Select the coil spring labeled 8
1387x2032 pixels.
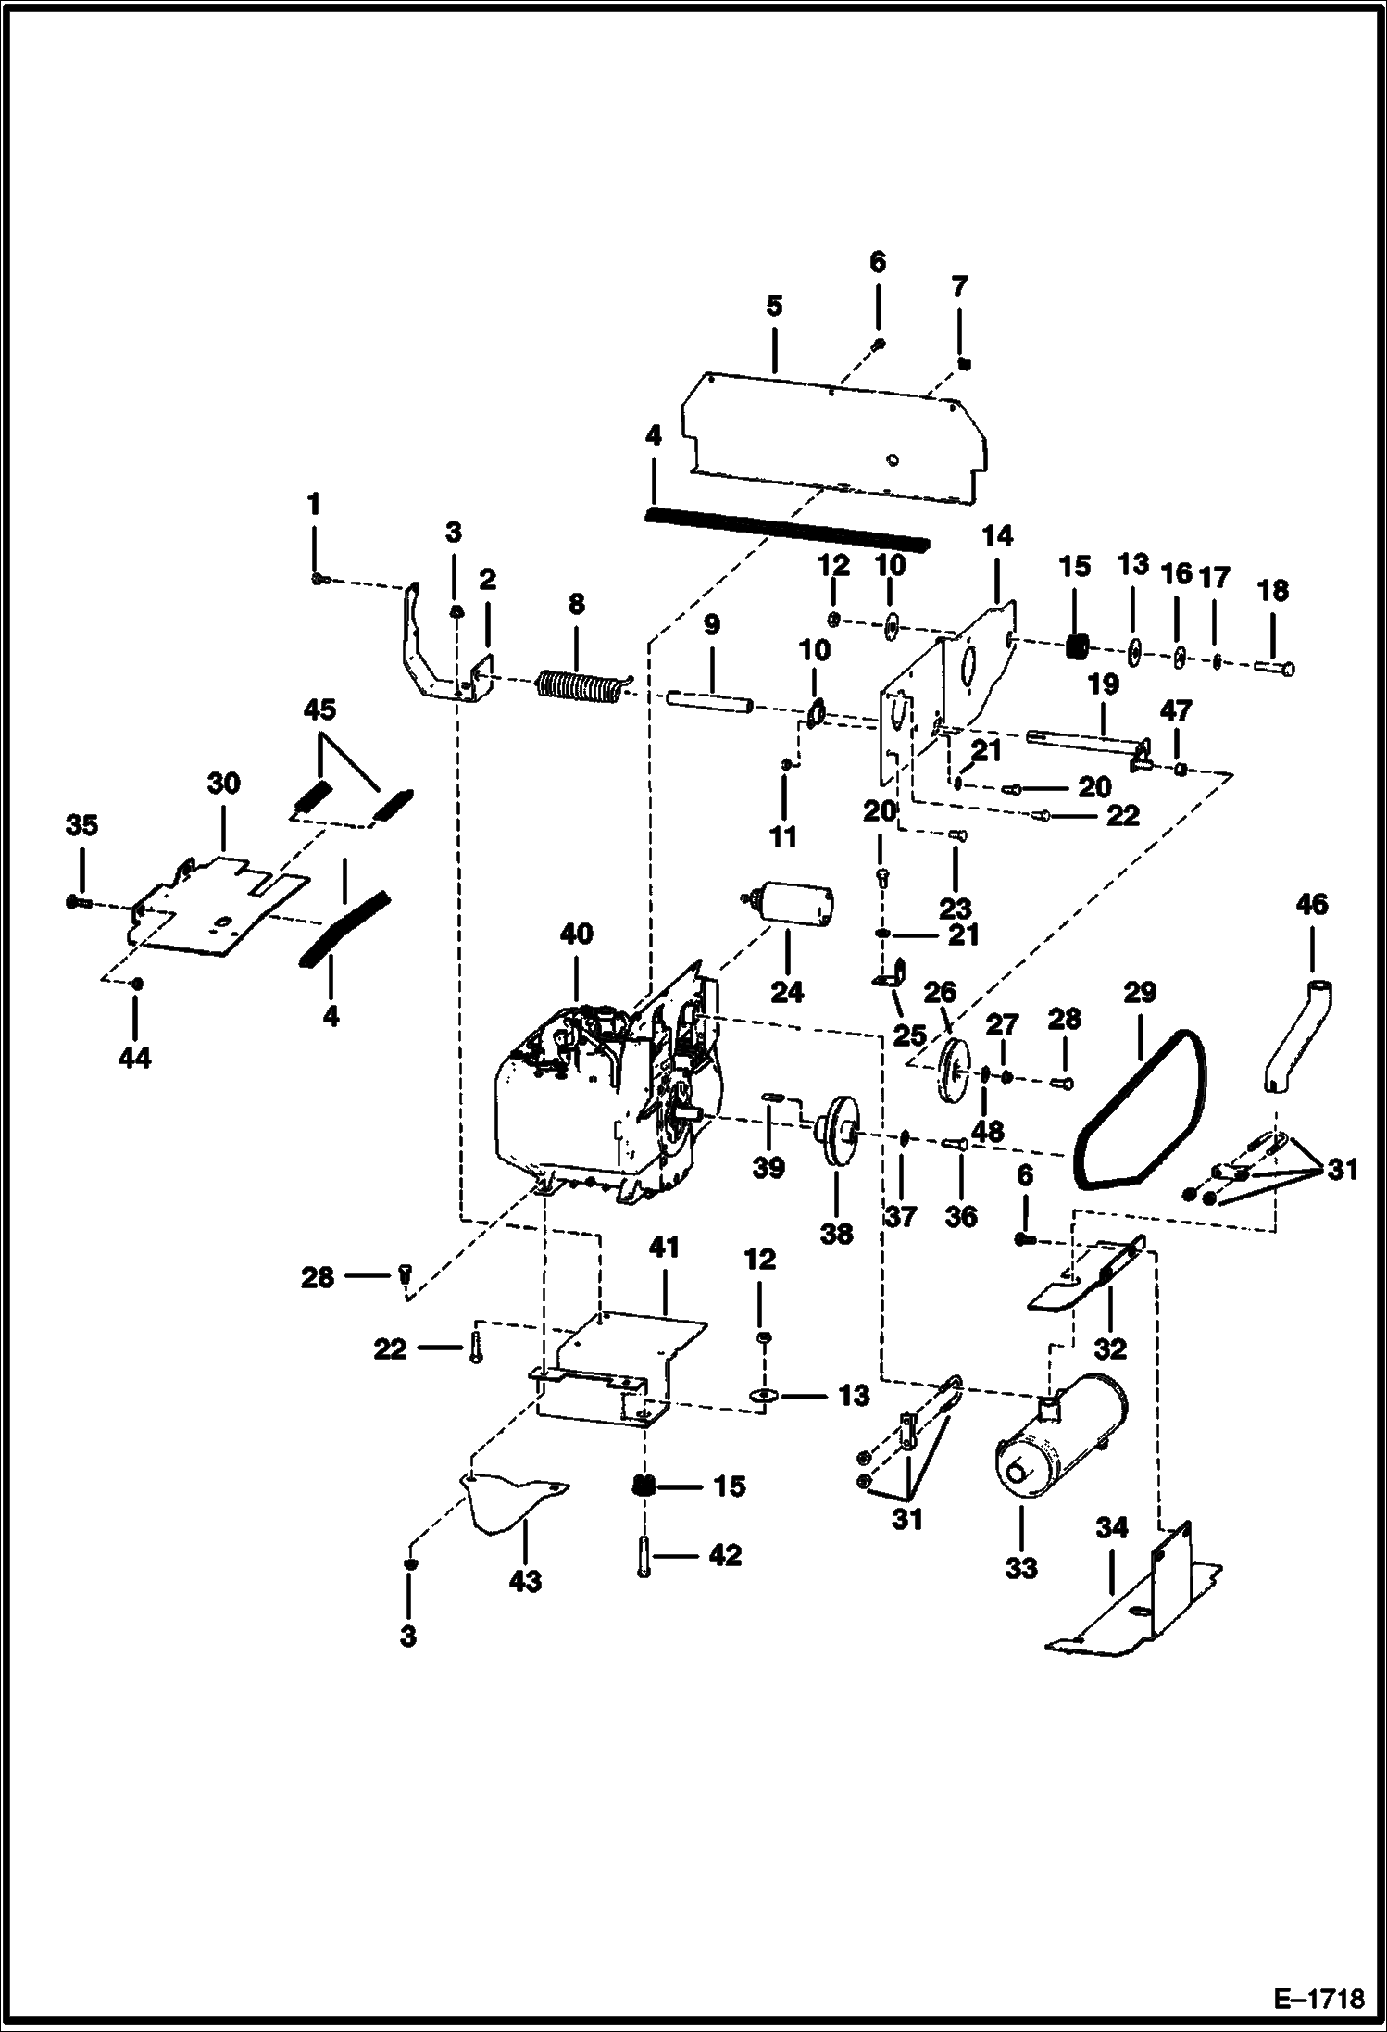pyautogui.click(x=582, y=687)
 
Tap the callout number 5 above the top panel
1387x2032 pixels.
pyautogui.click(x=774, y=306)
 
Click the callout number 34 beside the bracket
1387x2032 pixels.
pyautogui.click(x=1111, y=1527)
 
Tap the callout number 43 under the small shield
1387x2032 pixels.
pyautogui.click(x=526, y=1580)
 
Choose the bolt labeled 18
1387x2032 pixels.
pyautogui.click(x=1276, y=667)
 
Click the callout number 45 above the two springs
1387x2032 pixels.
pyautogui.click(x=319, y=710)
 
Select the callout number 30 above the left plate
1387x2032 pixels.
pyautogui.click(x=223, y=784)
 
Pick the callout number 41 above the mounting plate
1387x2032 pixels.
pyautogui.click(x=664, y=1248)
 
